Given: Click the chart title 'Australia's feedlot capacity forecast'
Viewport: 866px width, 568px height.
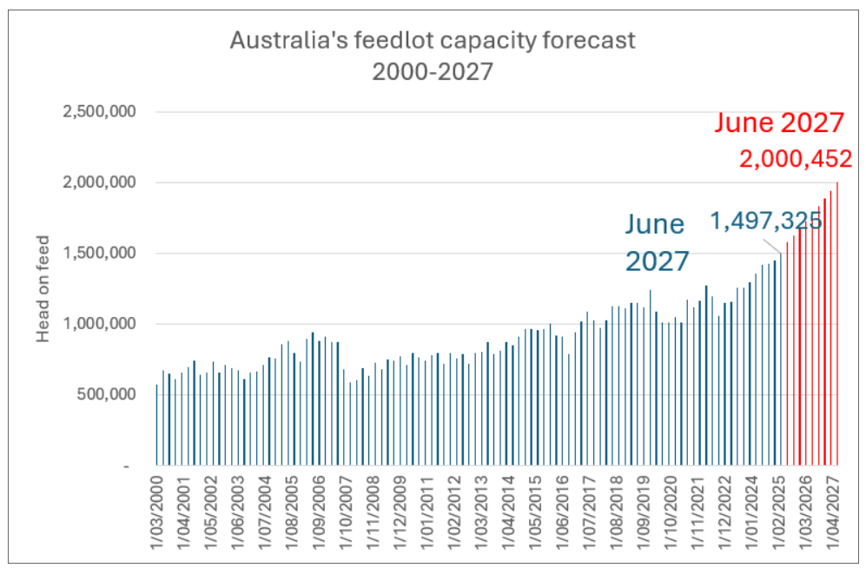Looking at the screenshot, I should point(432,41).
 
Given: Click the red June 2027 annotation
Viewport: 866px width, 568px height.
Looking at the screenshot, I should point(779,122).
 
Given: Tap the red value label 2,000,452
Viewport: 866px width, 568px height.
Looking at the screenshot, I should point(795,160).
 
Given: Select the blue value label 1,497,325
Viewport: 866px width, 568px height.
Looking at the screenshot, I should point(765,221).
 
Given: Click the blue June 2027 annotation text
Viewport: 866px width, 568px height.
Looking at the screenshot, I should point(658,242).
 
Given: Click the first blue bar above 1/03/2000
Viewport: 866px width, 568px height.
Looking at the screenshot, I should point(156,426).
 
